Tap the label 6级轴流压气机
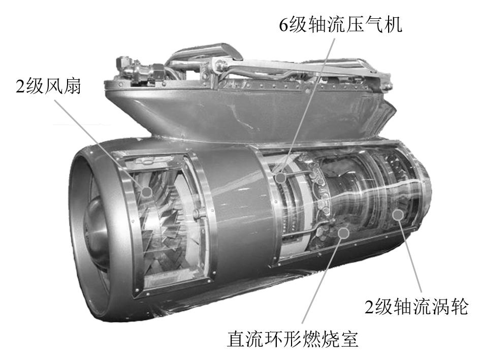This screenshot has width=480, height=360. click(x=341, y=24)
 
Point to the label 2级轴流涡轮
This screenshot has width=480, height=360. click(x=416, y=307)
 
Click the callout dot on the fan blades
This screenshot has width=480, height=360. click(x=147, y=192)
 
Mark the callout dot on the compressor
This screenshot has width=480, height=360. click(x=279, y=178)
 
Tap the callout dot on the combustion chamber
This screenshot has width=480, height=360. click(x=344, y=233)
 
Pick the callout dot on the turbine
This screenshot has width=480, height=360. click(x=398, y=214)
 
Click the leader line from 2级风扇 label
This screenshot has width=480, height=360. click(x=99, y=143)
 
